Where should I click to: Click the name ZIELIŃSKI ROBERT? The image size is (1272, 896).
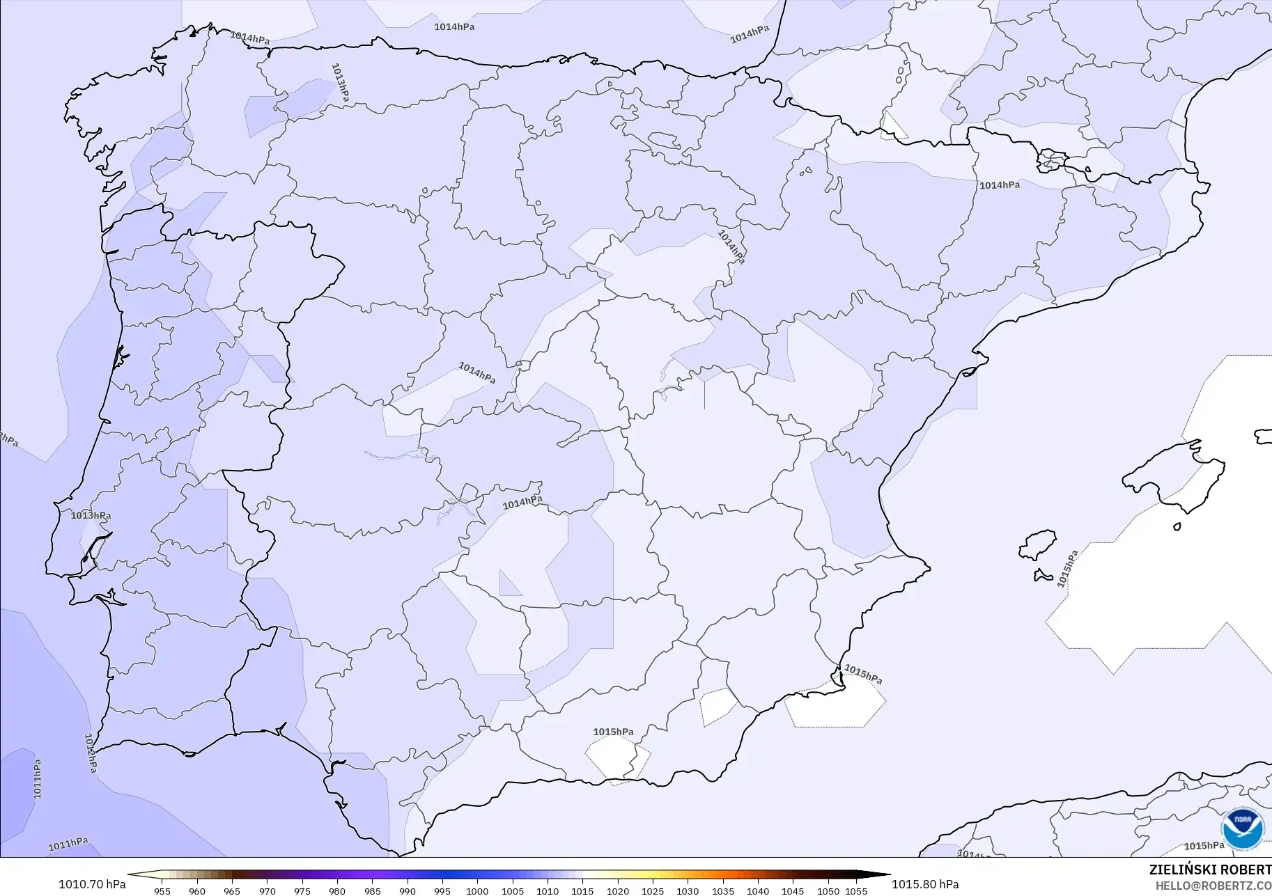(x=1210, y=870)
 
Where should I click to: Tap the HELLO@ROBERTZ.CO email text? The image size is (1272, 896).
(x=1213, y=886)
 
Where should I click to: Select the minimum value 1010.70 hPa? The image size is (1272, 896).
(x=92, y=884)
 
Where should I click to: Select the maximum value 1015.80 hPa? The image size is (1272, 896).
(x=925, y=884)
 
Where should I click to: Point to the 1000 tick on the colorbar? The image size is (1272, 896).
(x=477, y=890)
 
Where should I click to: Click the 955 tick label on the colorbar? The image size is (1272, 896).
(x=162, y=890)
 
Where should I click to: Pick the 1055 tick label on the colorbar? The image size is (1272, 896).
(x=856, y=890)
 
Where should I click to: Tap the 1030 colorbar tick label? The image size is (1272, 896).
(x=688, y=890)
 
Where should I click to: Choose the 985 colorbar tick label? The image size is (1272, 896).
(x=372, y=890)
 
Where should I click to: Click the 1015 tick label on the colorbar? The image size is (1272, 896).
(x=582, y=890)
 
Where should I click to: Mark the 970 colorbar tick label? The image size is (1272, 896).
(x=267, y=890)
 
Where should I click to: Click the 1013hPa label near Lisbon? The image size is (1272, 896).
(x=91, y=516)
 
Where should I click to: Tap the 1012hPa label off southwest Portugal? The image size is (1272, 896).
(x=91, y=753)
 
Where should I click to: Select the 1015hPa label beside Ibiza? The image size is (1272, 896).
(x=1067, y=569)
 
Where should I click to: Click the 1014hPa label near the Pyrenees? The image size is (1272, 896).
(x=1000, y=185)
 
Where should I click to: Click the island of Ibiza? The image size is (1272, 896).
(x=1038, y=545)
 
